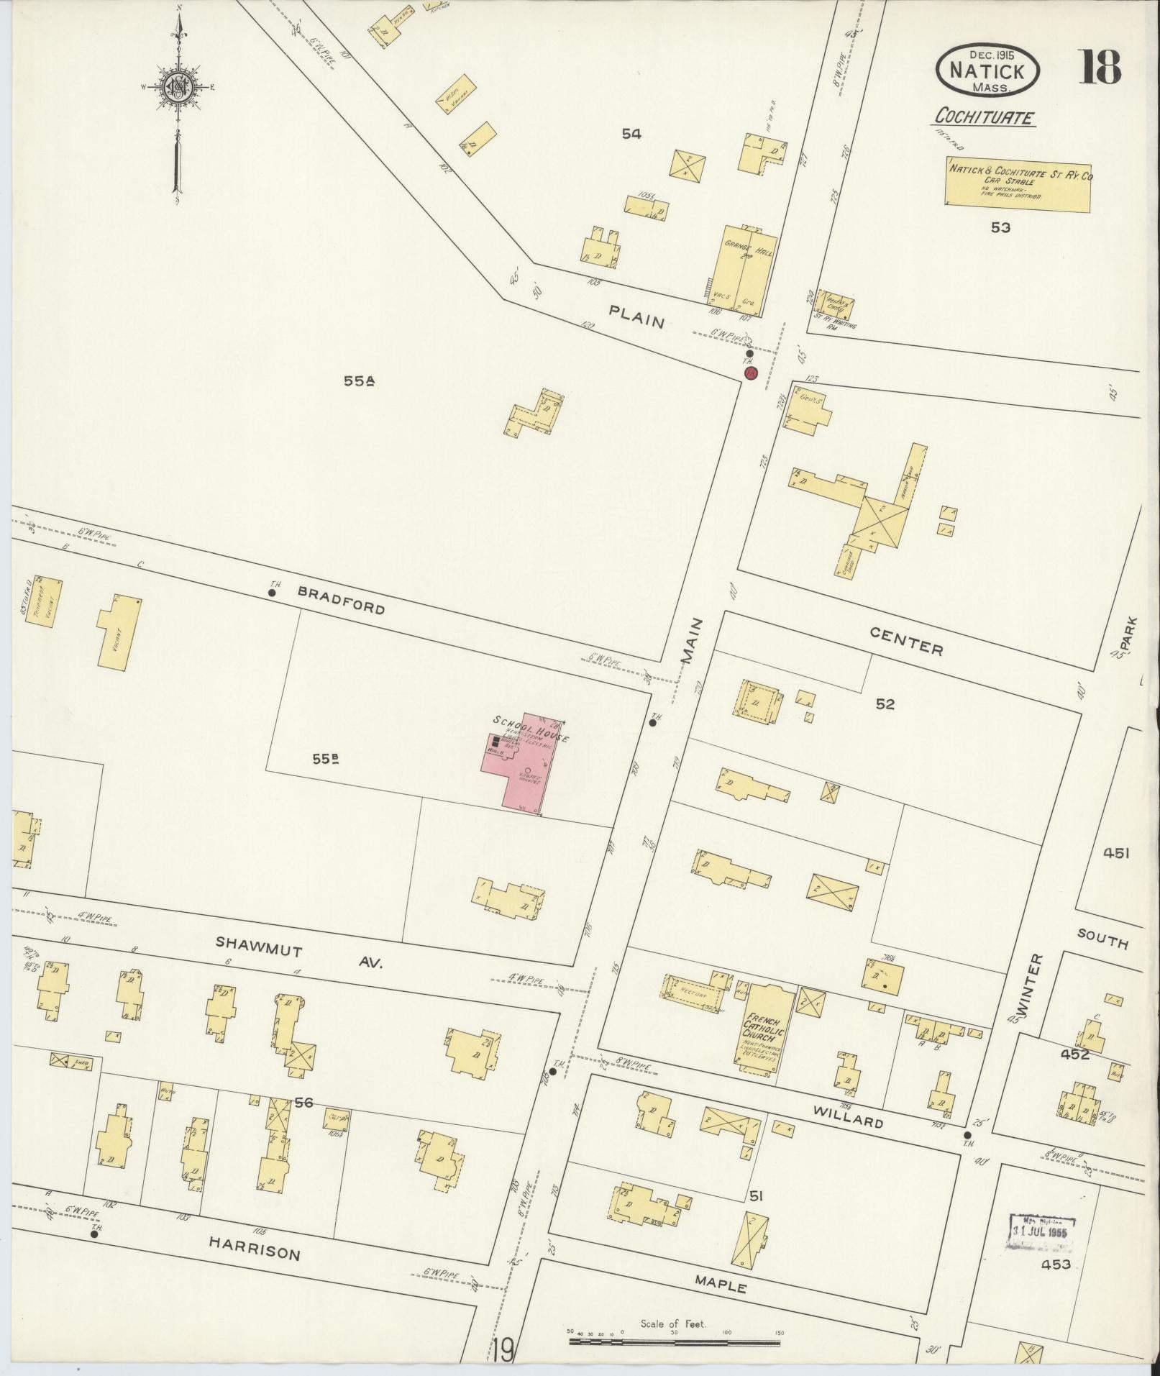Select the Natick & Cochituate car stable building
coord(1017,184)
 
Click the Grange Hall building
coord(744,270)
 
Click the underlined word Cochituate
coord(985,117)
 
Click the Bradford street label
coord(341,599)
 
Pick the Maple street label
coord(720,1283)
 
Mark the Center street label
coord(905,639)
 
